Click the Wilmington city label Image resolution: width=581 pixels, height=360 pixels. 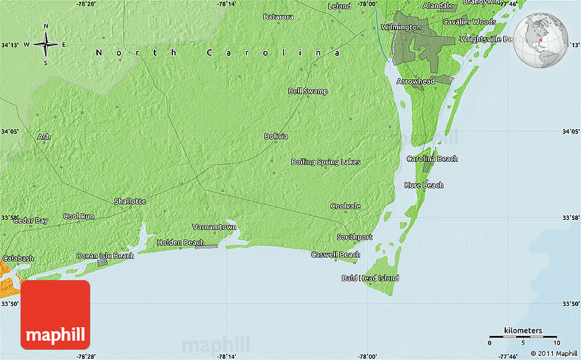pyautogui.click(x=401, y=27)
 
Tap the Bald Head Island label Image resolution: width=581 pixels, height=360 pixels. pyautogui.click(x=370, y=278)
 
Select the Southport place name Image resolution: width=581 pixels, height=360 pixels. pyautogui.click(x=355, y=237)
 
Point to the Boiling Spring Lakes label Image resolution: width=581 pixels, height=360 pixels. pyautogui.click(x=325, y=162)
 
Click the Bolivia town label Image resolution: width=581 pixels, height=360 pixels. pyautogui.click(x=276, y=137)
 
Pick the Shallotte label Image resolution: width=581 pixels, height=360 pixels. pyautogui.click(x=130, y=201)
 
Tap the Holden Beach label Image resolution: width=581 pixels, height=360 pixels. pyautogui.click(x=180, y=243)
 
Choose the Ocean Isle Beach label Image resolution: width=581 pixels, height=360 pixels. pyautogui.click(x=105, y=255)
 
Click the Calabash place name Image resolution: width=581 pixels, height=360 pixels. pyautogui.click(x=18, y=258)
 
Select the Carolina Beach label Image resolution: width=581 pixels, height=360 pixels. pyautogui.click(x=432, y=158)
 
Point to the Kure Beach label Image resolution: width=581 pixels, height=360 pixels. pyautogui.click(x=424, y=185)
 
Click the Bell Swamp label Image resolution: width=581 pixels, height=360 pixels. pyautogui.click(x=308, y=91)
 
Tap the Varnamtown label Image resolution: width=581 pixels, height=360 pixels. pyautogui.click(x=214, y=227)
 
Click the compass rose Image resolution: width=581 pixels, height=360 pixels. pyautogui.click(x=46, y=45)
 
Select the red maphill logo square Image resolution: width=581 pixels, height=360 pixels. pyautogui.click(x=55, y=315)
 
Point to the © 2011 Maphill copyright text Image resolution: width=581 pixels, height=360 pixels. pyautogui.click(x=552, y=353)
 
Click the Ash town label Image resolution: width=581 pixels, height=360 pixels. pyautogui.click(x=44, y=137)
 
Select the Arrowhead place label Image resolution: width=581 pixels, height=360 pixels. pyautogui.click(x=415, y=81)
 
